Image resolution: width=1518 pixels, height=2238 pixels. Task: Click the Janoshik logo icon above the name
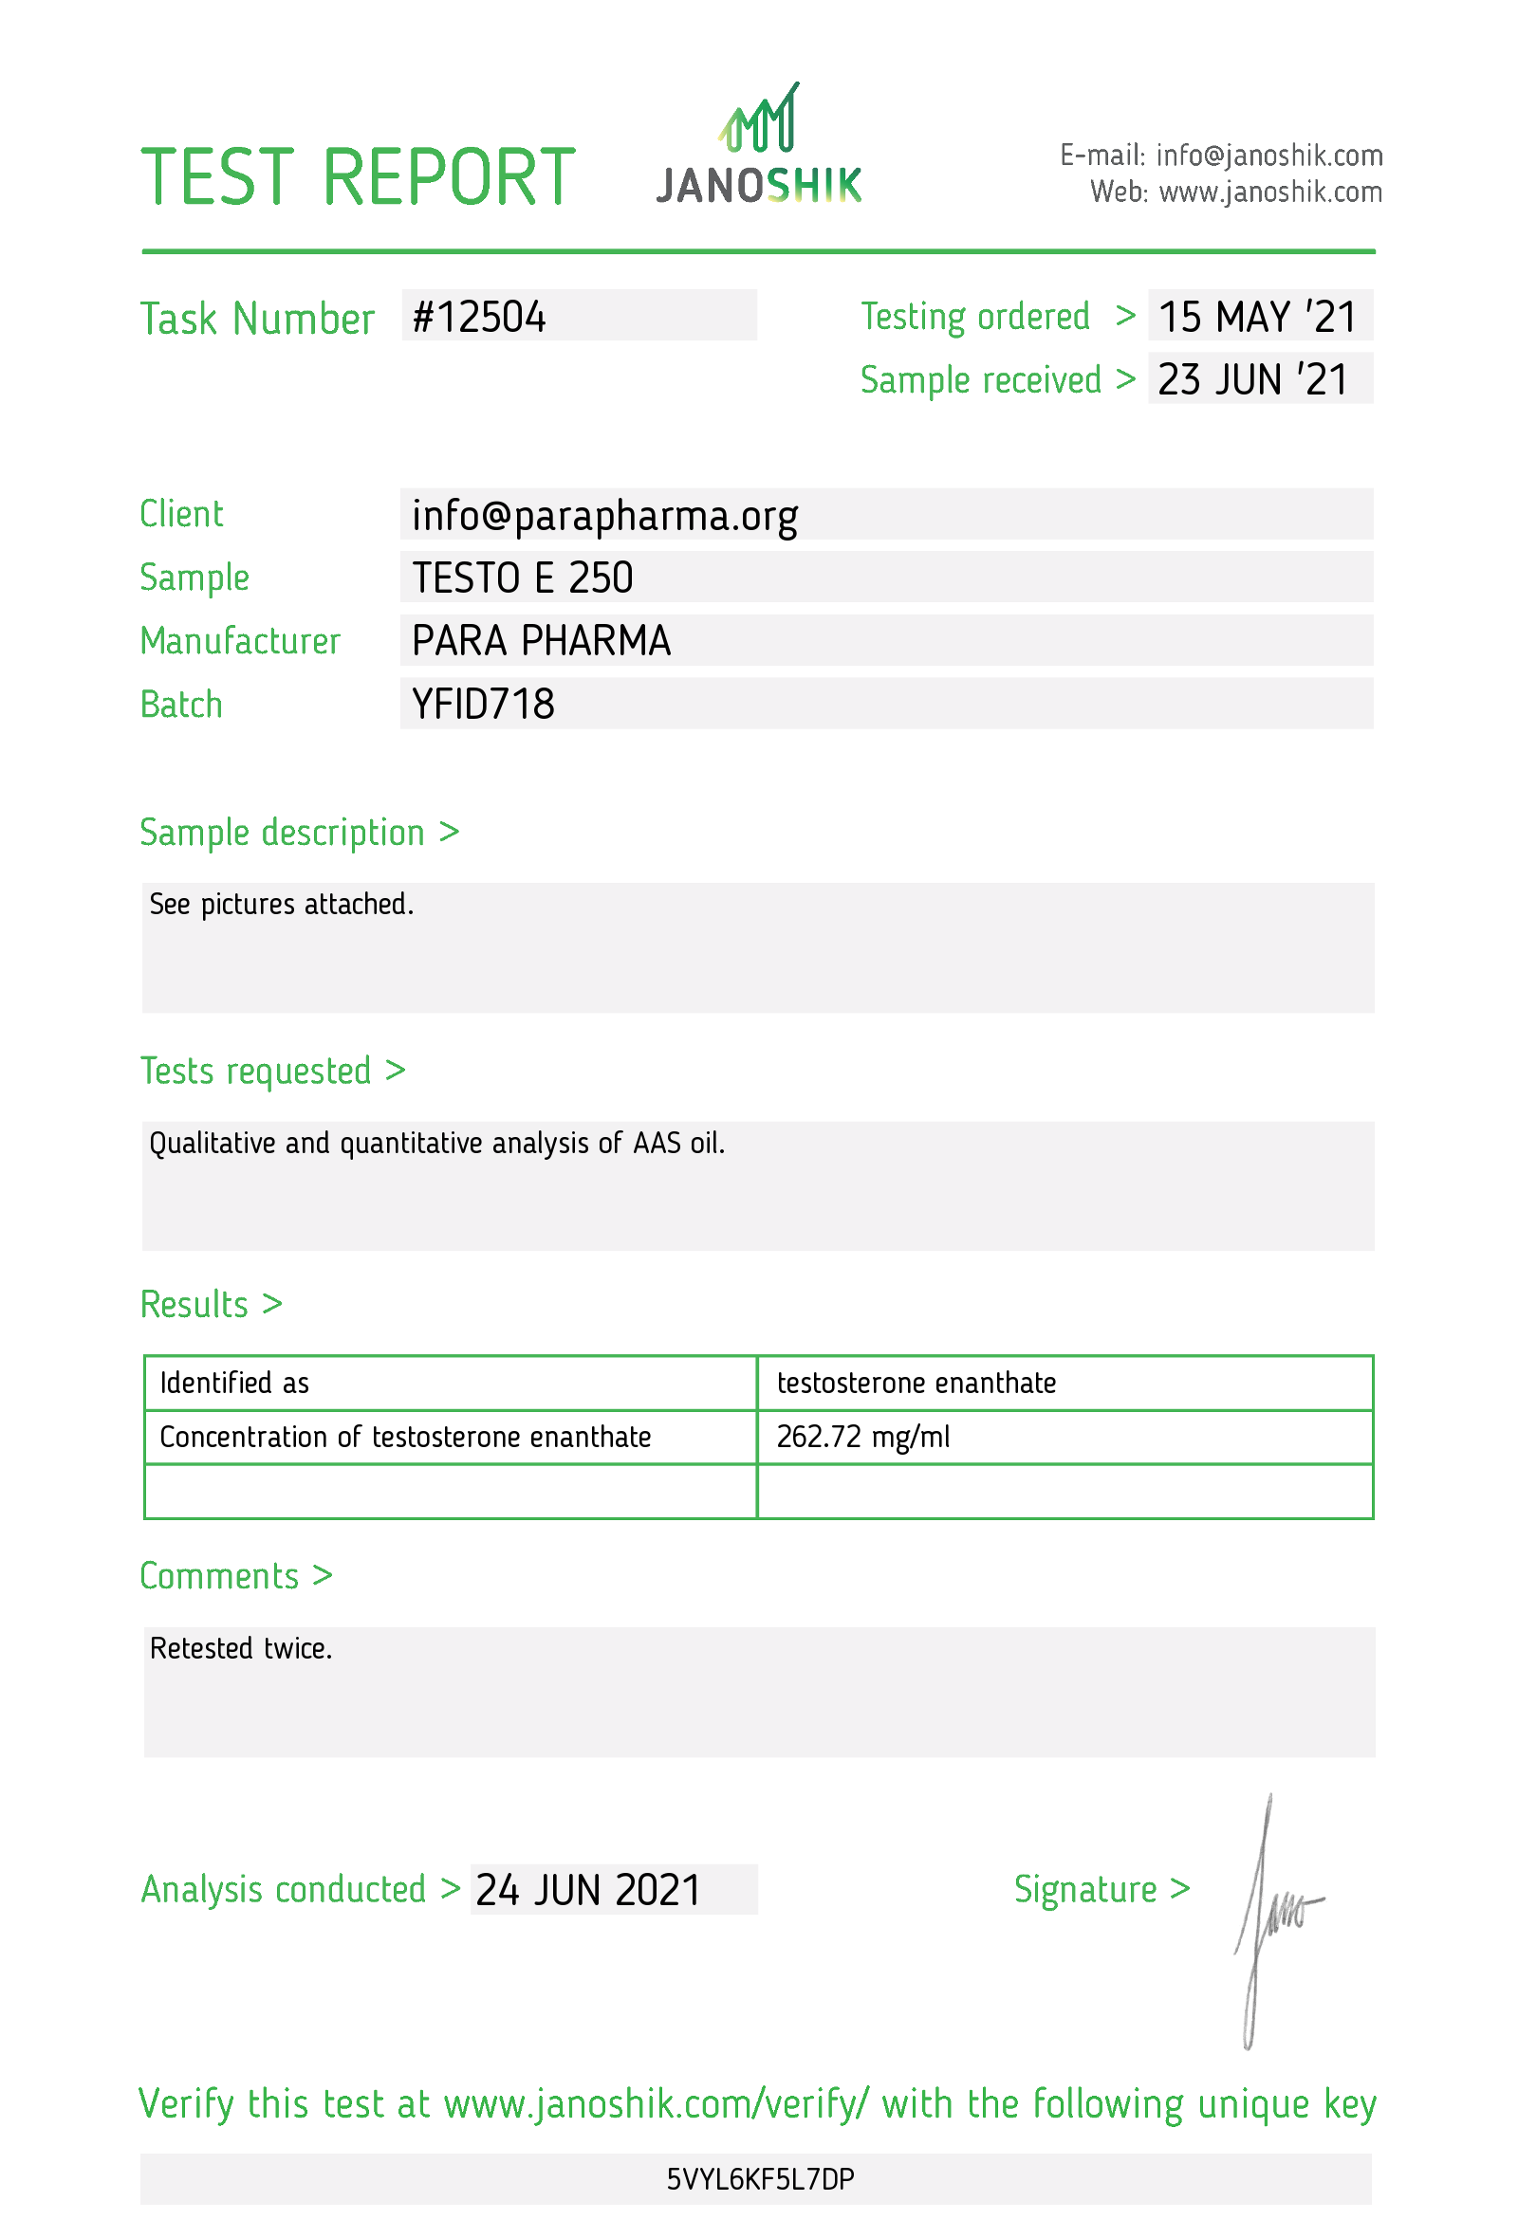point(759,119)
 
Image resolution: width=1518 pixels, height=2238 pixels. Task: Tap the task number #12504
point(479,318)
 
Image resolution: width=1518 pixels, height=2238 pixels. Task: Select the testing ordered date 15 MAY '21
point(1256,318)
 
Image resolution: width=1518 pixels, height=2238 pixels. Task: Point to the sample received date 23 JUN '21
point(1252,380)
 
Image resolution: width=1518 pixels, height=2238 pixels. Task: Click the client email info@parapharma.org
point(604,516)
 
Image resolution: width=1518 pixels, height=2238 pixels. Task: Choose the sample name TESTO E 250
point(522,578)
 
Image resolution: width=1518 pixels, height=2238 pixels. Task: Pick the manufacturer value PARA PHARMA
point(541,641)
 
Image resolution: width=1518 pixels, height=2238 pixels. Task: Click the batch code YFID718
point(483,705)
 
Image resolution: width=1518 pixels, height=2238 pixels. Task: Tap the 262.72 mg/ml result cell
point(862,1437)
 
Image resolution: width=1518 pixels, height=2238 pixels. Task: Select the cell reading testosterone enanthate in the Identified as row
point(915,1383)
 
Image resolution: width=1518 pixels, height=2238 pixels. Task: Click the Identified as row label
point(234,1383)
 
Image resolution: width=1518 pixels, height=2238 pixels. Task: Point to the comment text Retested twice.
point(241,1649)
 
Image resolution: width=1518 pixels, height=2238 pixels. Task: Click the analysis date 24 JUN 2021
point(587,1890)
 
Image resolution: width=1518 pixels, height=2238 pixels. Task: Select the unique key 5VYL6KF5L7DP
point(759,2179)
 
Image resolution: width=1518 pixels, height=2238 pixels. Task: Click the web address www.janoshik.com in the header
point(1269,193)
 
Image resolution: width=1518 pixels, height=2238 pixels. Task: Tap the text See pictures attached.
point(281,905)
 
